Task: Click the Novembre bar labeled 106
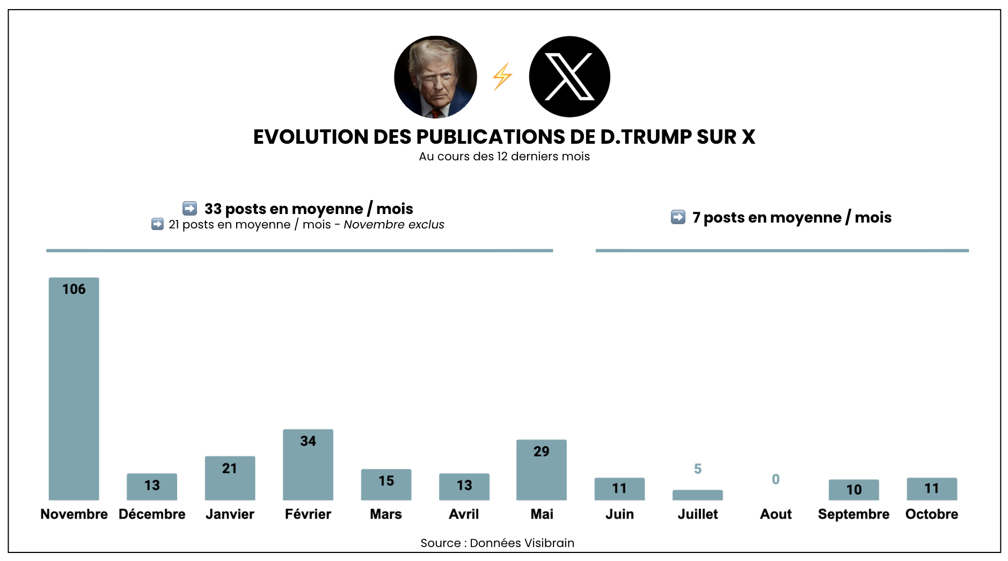pyautogui.click(x=74, y=389)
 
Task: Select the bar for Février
pyautogui.click(x=308, y=464)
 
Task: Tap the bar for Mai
pyautogui.click(x=541, y=470)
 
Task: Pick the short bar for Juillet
pyautogui.click(x=697, y=495)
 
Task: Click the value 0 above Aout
pyautogui.click(x=776, y=479)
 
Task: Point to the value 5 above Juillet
pyautogui.click(x=697, y=469)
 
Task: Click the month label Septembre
pyautogui.click(x=853, y=514)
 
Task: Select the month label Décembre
pyautogui.click(x=152, y=514)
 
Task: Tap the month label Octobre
pyautogui.click(x=931, y=514)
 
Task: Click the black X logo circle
pyautogui.click(x=569, y=77)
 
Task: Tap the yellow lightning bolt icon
pyautogui.click(x=502, y=77)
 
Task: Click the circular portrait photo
pyautogui.click(x=435, y=77)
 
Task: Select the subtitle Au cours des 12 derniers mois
pyautogui.click(x=504, y=157)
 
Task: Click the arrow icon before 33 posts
pyautogui.click(x=189, y=208)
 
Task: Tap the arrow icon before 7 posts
pyautogui.click(x=678, y=217)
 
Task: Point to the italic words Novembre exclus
pyautogui.click(x=393, y=224)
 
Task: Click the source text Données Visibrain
pyautogui.click(x=521, y=543)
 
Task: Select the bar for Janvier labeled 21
pyautogui.click(x=230, y=478)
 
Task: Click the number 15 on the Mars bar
pyautogui.click(x=386, y=481)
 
